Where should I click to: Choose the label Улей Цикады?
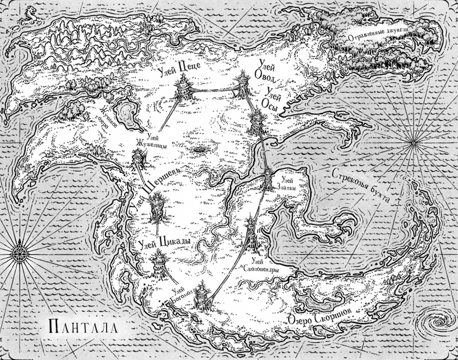coord(165,244)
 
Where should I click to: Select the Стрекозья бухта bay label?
coord(364,184)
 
